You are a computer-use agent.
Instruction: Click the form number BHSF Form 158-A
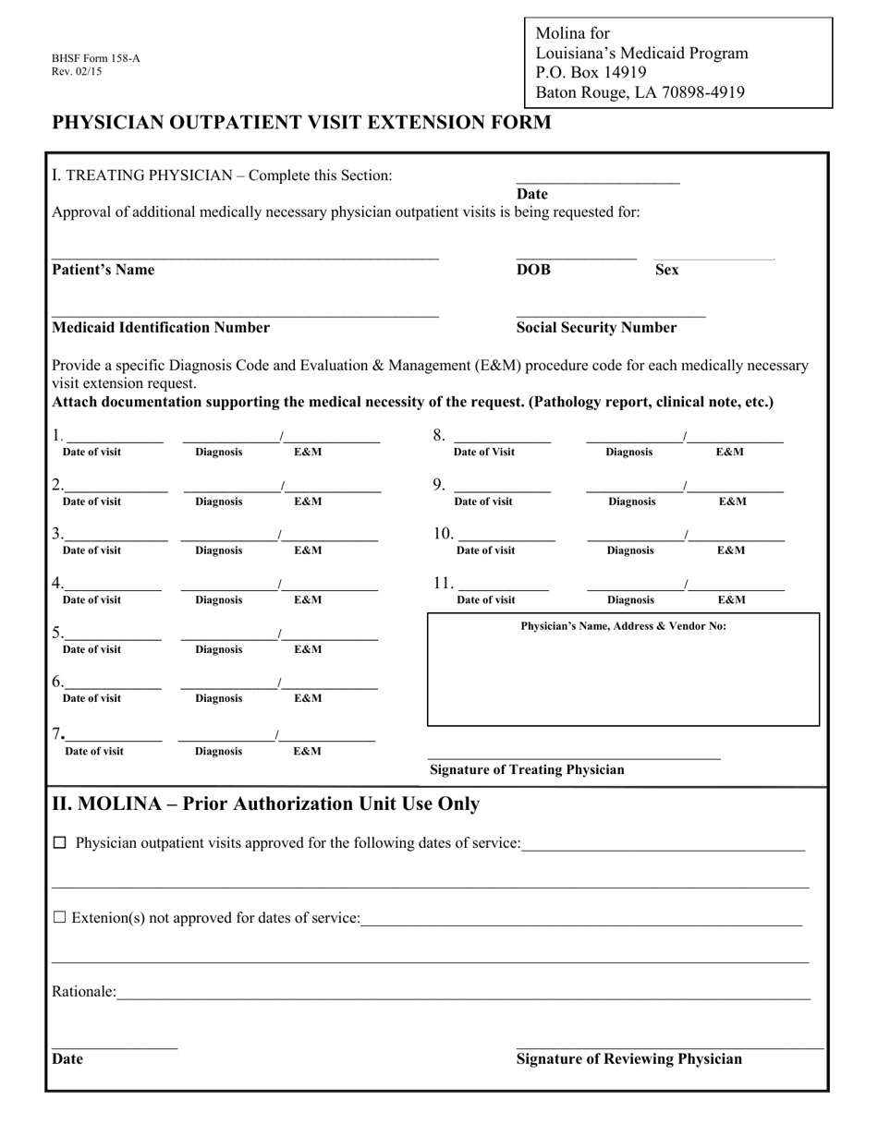(x=96, y=59)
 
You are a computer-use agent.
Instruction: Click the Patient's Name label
(x=104, y=270)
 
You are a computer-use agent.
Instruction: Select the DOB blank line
(x=576, y=259)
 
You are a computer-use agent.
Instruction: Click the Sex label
(x=666, y=270)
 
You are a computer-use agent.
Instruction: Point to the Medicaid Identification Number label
(x=161, y=327)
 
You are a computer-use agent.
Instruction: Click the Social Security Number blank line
(x=610, y=316)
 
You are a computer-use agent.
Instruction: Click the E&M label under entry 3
(x=308, y=550)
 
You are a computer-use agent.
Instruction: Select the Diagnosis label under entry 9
(x=632, y=502)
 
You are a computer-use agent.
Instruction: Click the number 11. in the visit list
(x=444, y=583)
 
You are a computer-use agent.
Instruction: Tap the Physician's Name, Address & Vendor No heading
(x=623, y=626)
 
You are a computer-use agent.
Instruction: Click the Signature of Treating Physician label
(x=527, y=769)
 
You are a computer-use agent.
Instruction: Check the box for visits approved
(x=60, y=843)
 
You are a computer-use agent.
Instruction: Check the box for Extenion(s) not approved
(x=60, y=918)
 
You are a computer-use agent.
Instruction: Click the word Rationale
(x=83, y=992)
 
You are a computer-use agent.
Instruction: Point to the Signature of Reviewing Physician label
(x=628, y=1059)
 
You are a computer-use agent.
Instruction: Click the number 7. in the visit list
(x=57, y=733)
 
